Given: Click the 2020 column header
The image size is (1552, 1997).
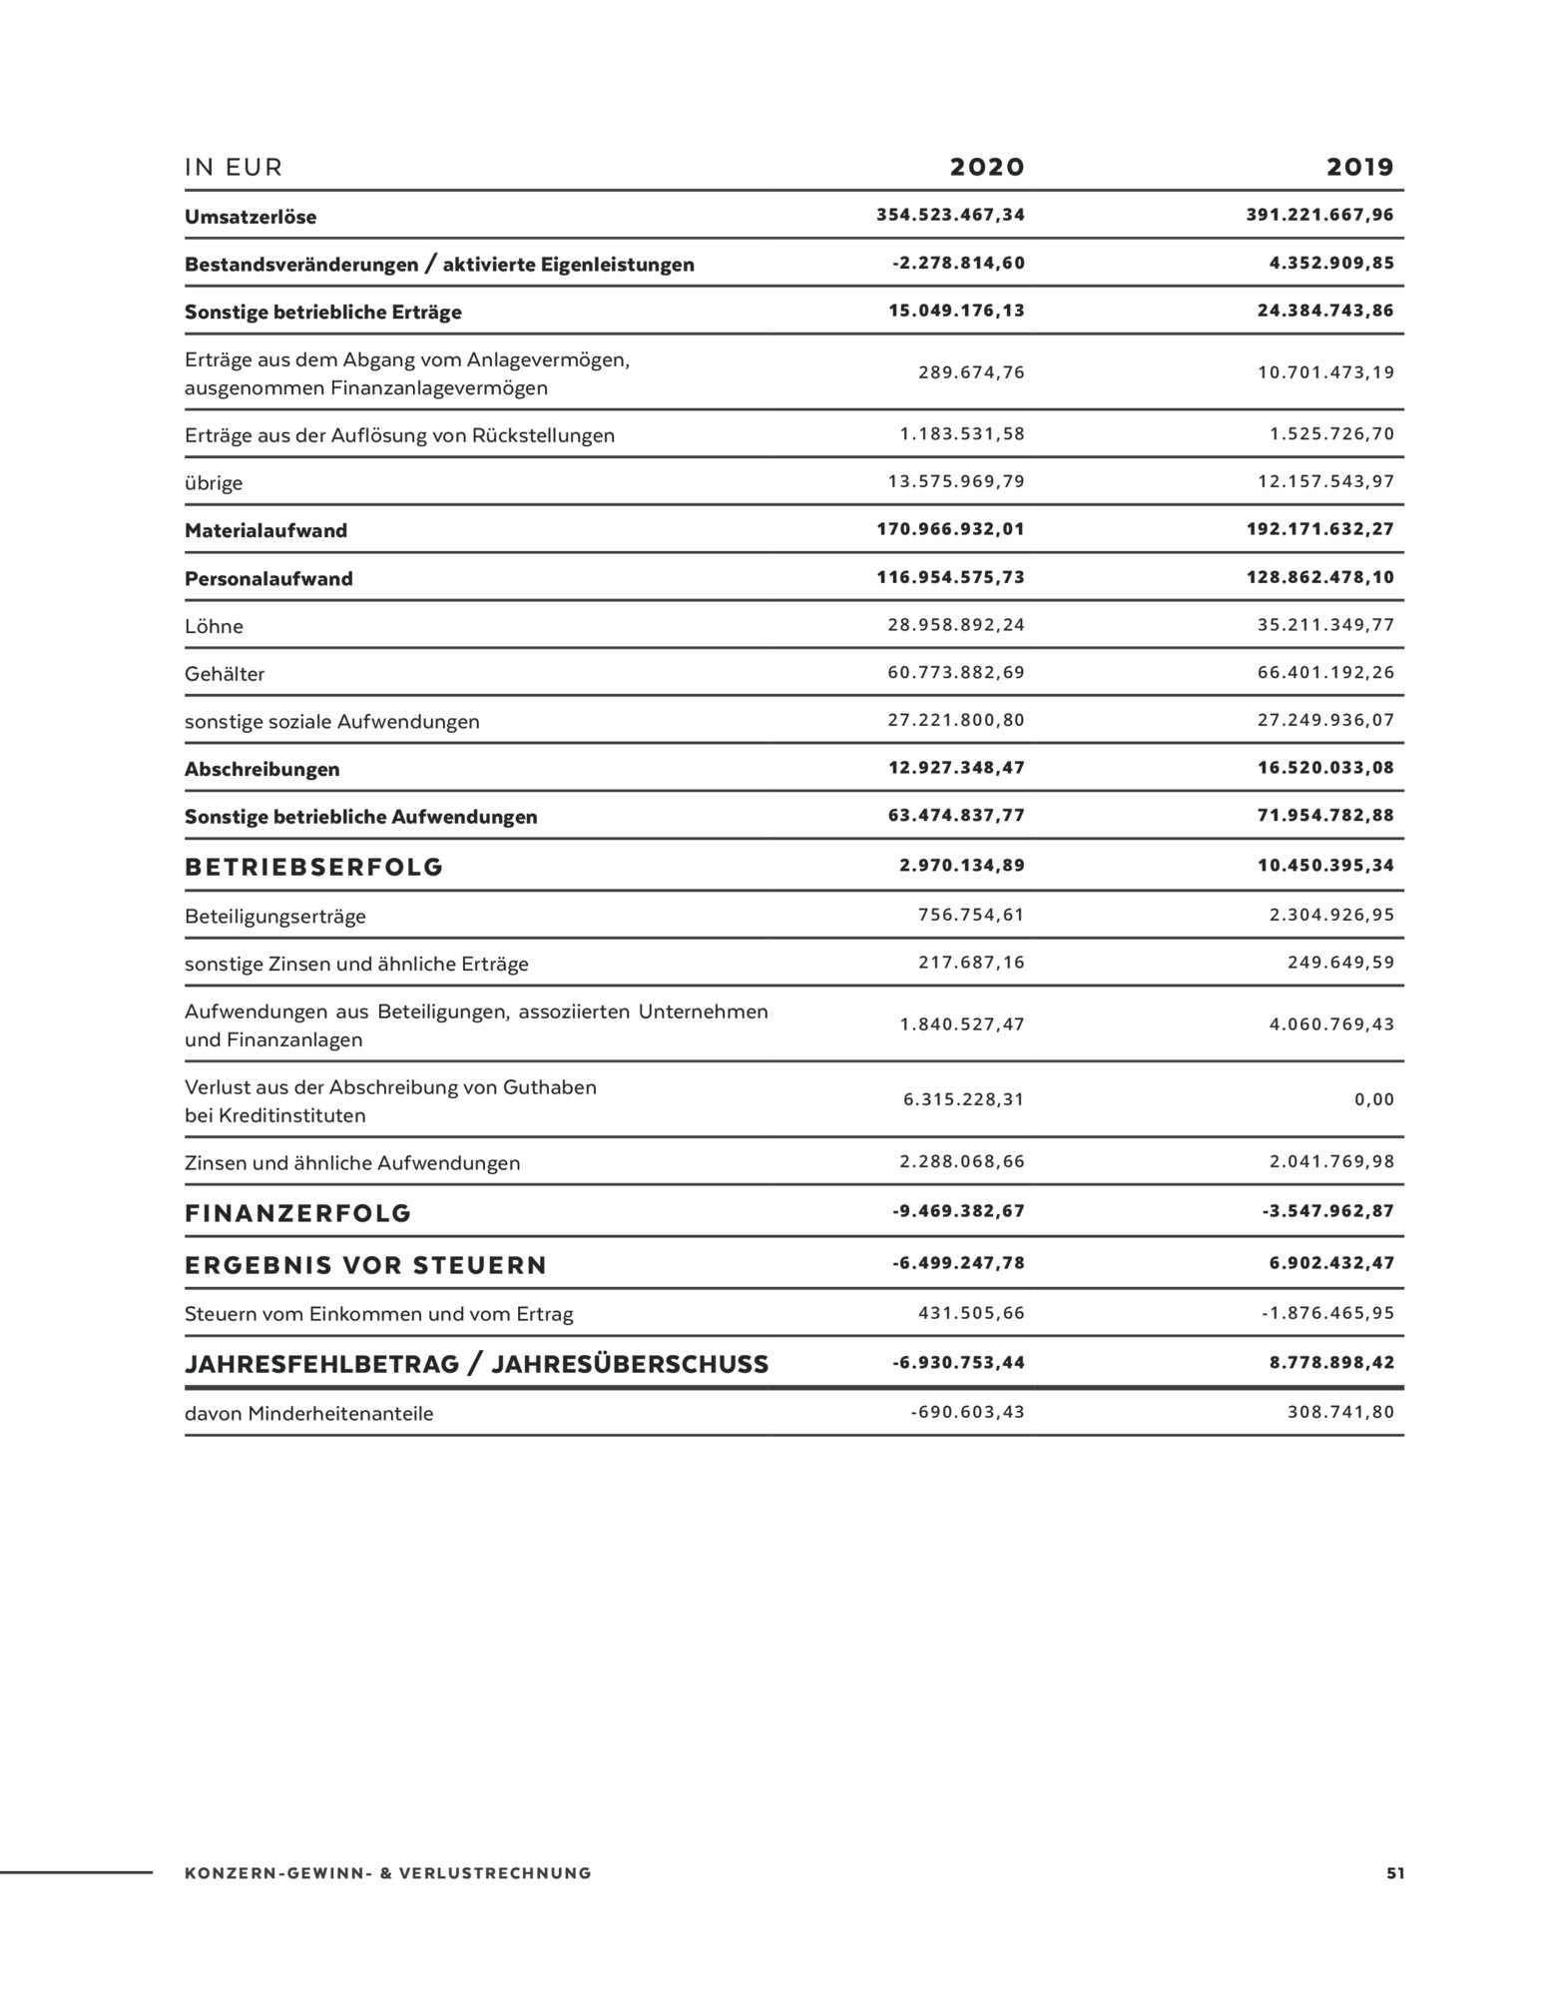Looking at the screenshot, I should click(x=986, y=167).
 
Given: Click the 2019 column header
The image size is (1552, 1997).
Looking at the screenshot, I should click(x=1359, y=167).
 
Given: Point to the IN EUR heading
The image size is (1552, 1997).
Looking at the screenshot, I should click(x=234, y=168).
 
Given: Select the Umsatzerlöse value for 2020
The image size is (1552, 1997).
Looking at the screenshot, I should click(x=950, y=215).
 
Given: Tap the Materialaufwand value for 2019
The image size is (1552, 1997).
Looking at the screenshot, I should click(x=1319, y=529).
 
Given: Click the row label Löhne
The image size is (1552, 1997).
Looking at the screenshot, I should click(x=214, y=626).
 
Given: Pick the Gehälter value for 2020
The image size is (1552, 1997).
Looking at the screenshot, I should click(x=956, y=673).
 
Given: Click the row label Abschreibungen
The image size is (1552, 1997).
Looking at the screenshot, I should click(x=261, y=769).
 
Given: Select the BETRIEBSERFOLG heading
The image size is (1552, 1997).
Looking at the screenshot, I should click(x=313, y=867).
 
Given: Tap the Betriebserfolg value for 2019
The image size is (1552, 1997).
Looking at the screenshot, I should click(x=1325, y=866).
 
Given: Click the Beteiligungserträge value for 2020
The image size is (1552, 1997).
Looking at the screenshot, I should click(x=971, y=915).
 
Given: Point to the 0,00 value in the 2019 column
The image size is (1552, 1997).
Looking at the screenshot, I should click(x=1374, y=1099).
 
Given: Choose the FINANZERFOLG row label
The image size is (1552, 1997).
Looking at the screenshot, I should click(x=297, y=1213).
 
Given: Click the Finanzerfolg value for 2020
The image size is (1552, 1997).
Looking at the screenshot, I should click(x=958, y=1211).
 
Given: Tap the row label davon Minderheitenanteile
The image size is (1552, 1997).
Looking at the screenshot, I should click(x=308, y=1414).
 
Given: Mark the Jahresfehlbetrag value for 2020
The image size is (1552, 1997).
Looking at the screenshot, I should click(x=958, y=1363).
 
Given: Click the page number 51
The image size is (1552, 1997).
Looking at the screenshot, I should click(x=1394, y=1873).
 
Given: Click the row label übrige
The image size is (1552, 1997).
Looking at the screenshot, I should click(x=214, y=483).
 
